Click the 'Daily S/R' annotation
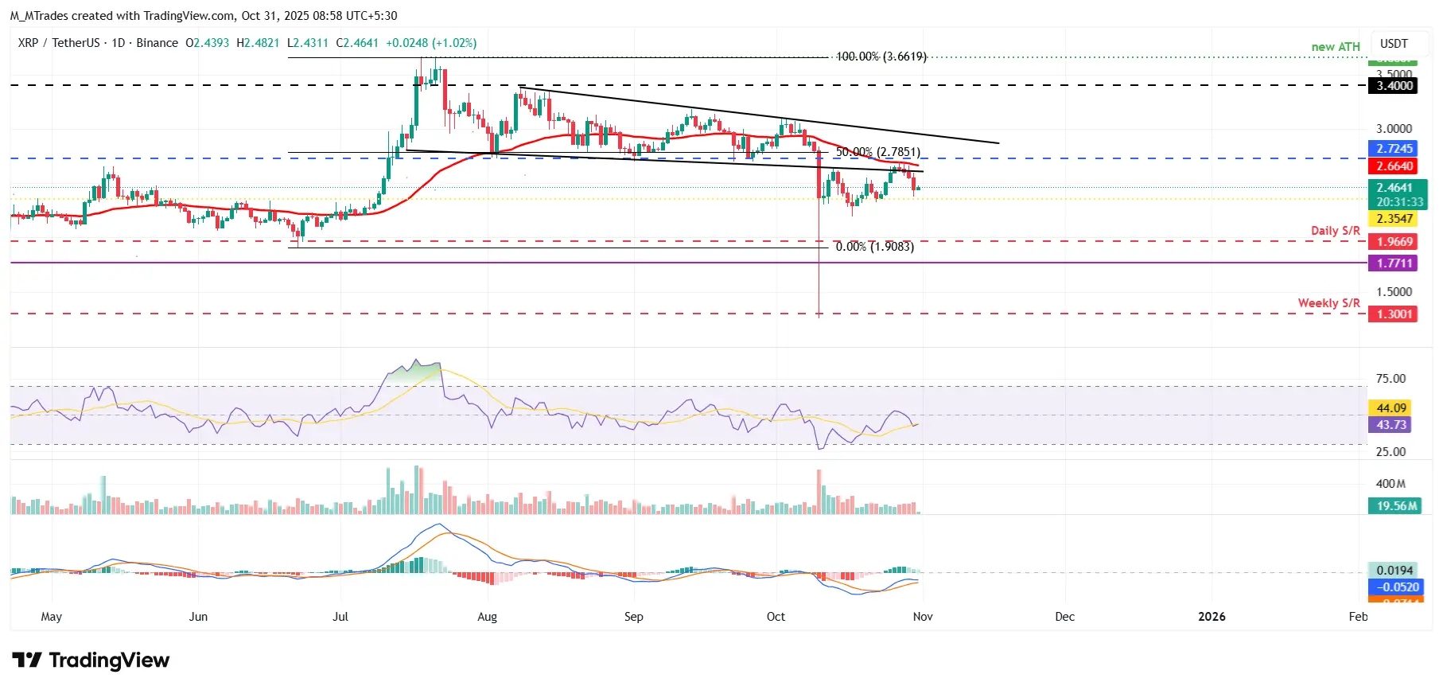1335,231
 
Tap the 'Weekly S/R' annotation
1328,303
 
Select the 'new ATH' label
1336,47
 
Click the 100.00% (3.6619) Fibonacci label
881,57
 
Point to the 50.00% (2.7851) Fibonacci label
877,152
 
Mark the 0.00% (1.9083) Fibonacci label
874,247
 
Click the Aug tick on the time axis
487,617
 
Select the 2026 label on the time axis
1212,617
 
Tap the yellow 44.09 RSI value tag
1391,408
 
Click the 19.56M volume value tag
1396,506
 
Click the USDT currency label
1394,44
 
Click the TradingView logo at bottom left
91,661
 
